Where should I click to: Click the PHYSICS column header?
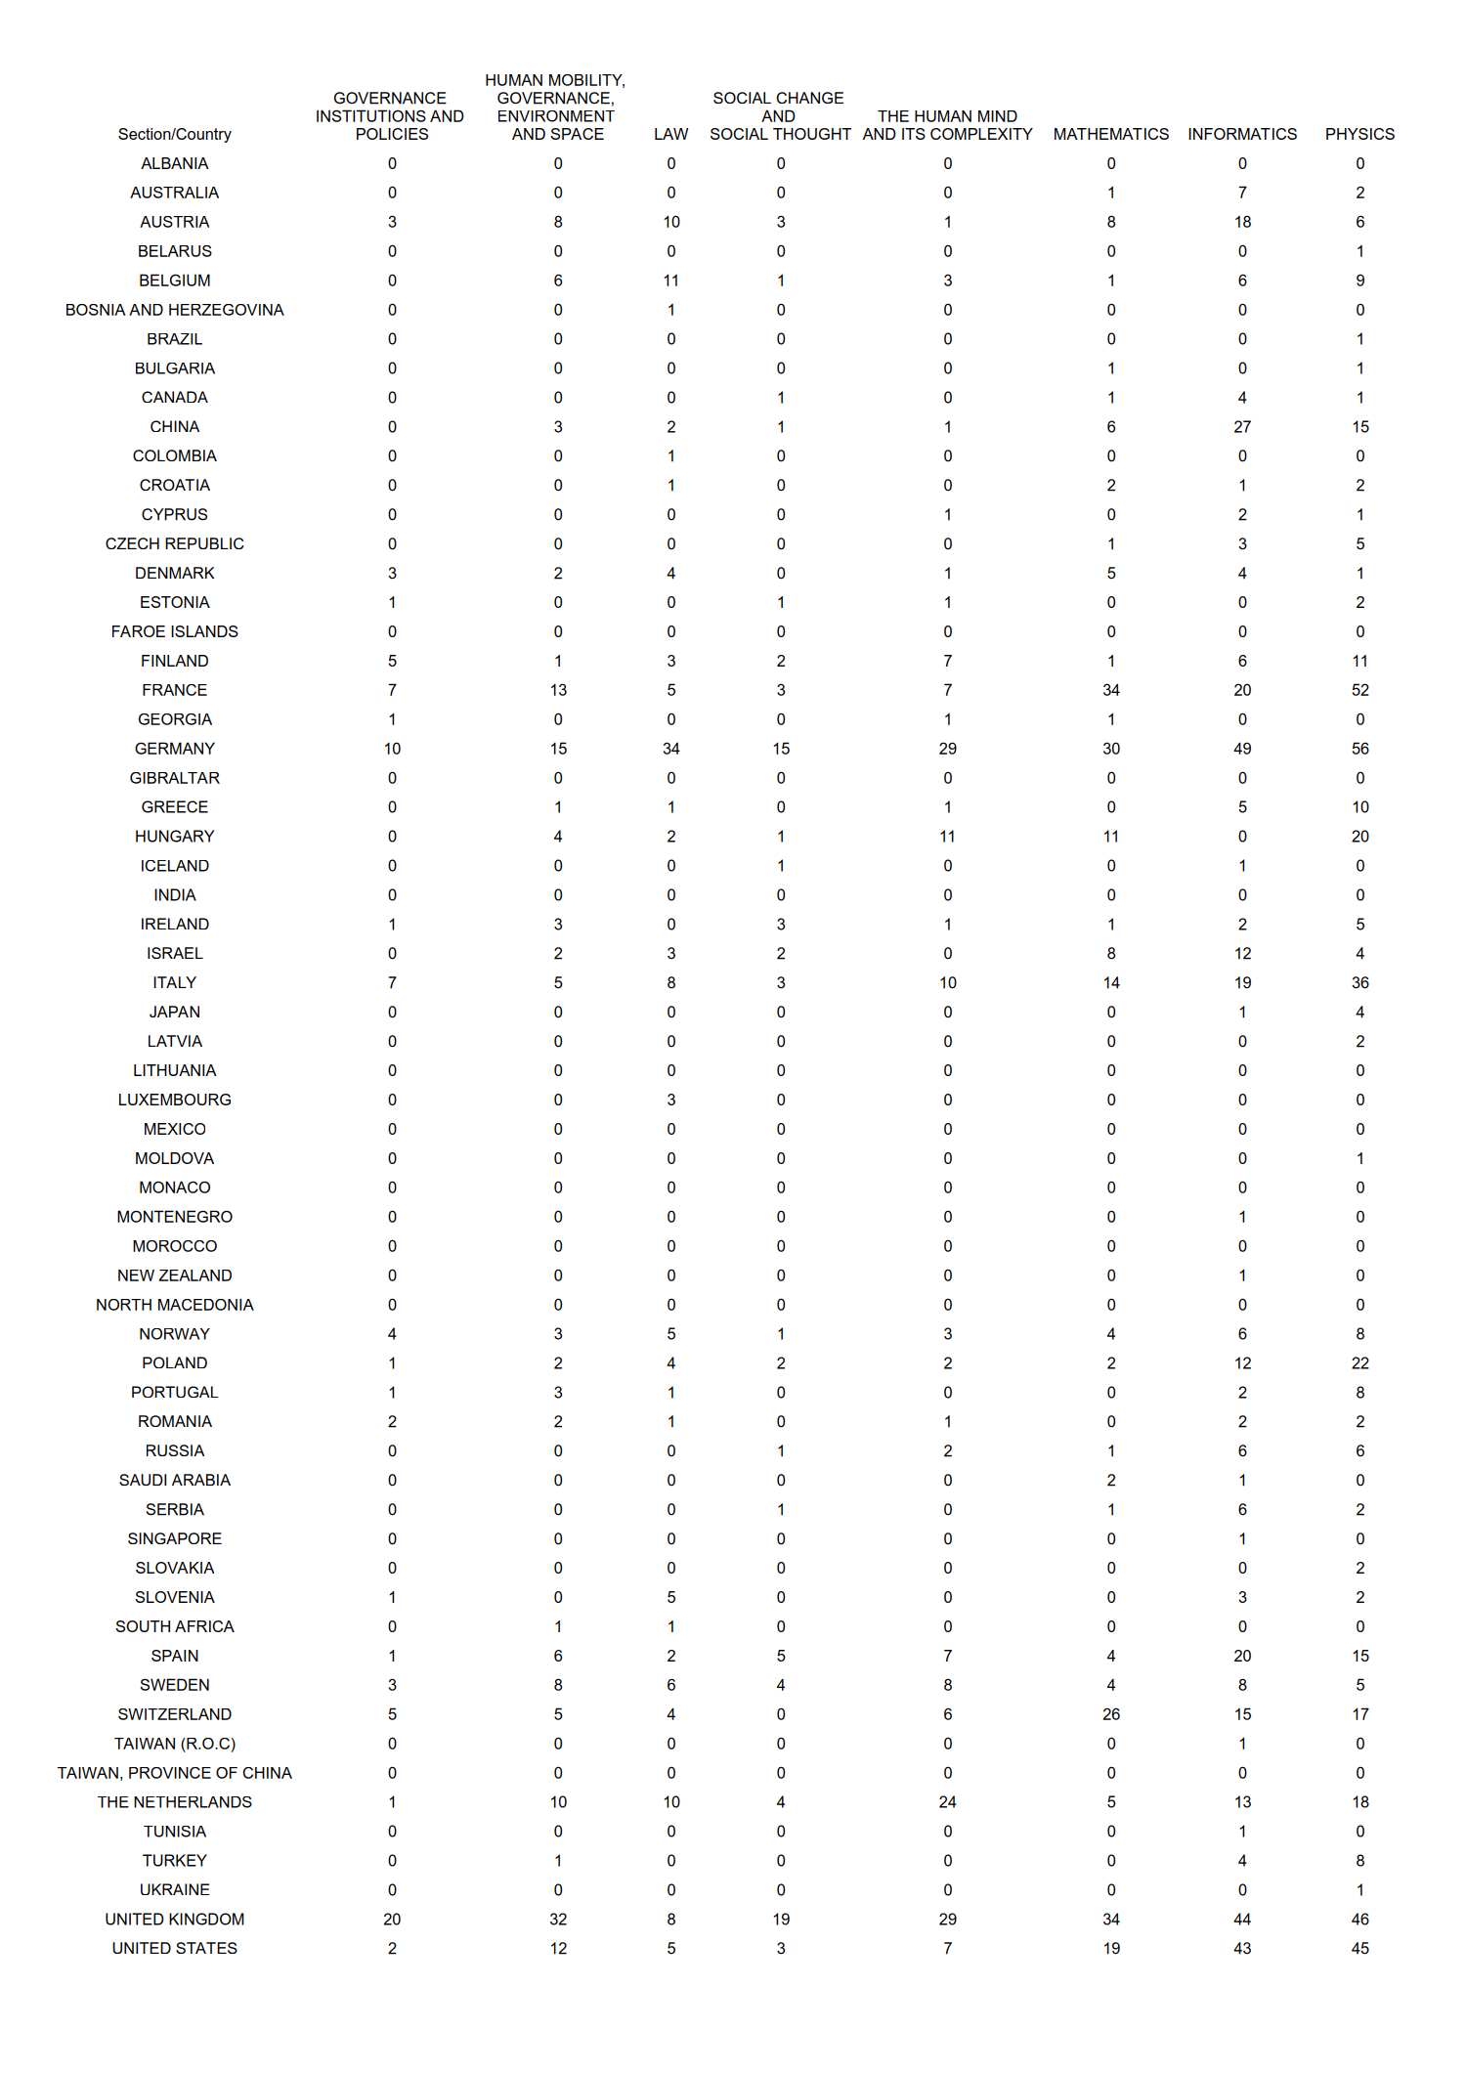tap(1358, 134)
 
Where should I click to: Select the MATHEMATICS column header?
tap(1110, 134)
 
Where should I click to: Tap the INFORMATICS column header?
tap(1241, 134)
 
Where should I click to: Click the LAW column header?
tap(670, 134)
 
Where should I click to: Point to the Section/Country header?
tap(174, 134)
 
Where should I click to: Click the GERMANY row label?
tap(174, 749)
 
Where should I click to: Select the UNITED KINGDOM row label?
tap(174, 1919)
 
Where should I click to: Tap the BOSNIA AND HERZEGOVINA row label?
tap(174, 310)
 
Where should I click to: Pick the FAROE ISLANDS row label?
tap(174, 631)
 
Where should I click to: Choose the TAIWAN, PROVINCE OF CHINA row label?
tap(174, 1773)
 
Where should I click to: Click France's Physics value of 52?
tap(1359, 690)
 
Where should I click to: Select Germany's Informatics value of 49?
tap(1242, 749)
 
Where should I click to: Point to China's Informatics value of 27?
tap(1242, 427)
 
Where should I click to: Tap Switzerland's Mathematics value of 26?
tap(1111, 1714)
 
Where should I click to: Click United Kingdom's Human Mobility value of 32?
tap(558, 1919)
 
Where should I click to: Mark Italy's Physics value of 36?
tap(1359, 982)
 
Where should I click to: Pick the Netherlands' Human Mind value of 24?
tap(947, 1802)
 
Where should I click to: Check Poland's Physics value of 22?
tap(1359, 1362)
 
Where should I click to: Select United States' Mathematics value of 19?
tap(1111, 1948)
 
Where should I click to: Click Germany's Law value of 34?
tap(670, 749)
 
